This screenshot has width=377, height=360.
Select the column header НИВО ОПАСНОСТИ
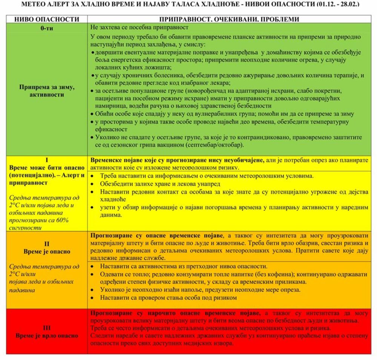47,19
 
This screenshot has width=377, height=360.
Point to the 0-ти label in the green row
47,28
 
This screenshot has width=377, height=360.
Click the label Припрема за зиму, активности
47,91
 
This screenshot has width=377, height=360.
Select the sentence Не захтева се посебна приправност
139,28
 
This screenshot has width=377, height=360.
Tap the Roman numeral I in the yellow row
47,159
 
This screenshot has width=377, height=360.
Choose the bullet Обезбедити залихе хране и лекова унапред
160,184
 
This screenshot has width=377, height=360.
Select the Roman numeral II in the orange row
47,244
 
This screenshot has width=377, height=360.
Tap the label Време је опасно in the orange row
47,251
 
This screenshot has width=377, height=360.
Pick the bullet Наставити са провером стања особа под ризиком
168,298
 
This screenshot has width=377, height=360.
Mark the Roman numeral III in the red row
47,328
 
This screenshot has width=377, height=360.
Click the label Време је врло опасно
47,335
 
